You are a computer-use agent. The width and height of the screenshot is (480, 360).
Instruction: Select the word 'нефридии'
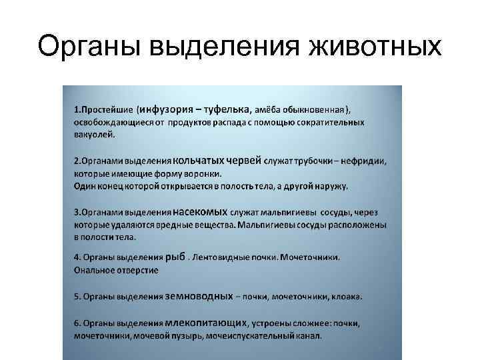367,161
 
